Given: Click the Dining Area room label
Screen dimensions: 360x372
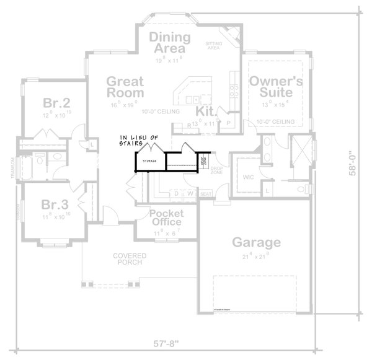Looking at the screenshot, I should pos(166,42).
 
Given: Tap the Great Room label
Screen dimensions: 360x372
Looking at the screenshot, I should pos(125,87).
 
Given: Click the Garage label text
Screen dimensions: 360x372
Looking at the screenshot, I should pos(256,242).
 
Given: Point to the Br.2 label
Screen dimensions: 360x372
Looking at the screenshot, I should pos(55,102).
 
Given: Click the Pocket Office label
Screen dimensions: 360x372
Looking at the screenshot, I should pos(166,217).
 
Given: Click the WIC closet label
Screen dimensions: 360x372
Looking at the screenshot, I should pos(248,177).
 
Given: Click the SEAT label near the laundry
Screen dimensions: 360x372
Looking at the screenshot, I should pos(205,194).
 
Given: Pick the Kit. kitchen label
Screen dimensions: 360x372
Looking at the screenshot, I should pos(205,111).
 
